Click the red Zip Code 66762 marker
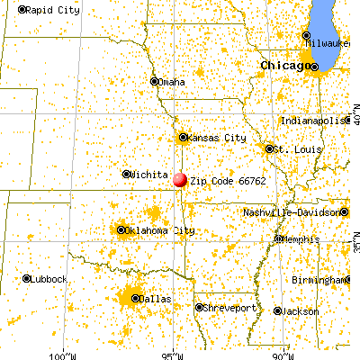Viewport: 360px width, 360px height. coord(180,178)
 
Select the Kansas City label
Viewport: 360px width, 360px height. coord(216,138)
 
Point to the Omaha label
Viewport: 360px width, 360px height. coord(172,82)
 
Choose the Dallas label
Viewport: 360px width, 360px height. coord(157,298)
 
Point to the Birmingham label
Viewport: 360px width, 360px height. coord(324,280)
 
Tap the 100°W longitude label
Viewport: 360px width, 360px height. coord(65,353)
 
